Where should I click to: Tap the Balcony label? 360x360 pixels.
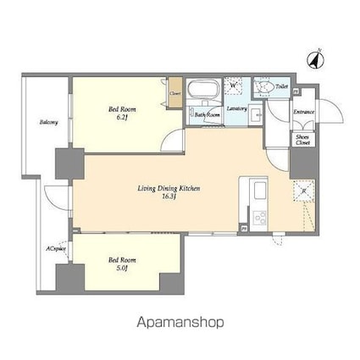click(x=48, y=122)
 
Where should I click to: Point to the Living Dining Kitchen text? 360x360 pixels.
click(x=169, y=191)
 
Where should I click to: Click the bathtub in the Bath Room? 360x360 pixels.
click(x=203, y=89)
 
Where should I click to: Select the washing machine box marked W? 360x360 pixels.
click(x=233, y=85)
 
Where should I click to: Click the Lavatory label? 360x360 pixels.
click(x=237, y=108)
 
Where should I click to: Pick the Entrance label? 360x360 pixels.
click(x=303, y=112)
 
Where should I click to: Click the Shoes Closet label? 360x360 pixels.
click(x=302, y=141)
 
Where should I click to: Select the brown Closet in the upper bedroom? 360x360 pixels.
click(x=174, y=94)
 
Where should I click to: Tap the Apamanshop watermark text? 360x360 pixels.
click(x=179, y=323)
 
